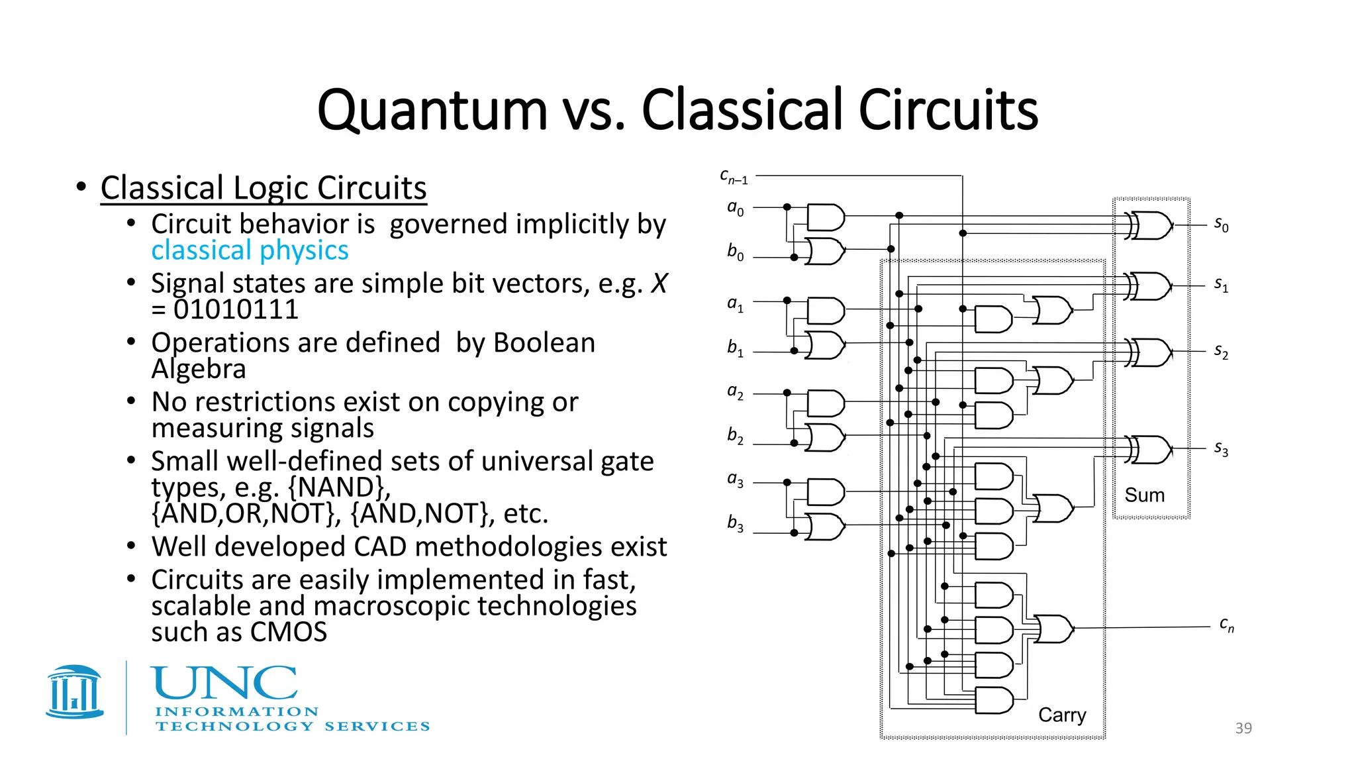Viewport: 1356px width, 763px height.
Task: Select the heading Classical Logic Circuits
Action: pyautogui.click(x=264, y=188)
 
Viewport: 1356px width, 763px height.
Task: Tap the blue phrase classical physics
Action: pyautogui.click(x=250, y=250)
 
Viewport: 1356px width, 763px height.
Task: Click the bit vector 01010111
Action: pyautogui.click(x=236, y=309)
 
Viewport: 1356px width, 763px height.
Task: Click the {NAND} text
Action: pyautogui.click(x=339, y=487)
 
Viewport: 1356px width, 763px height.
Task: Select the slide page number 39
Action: pyautogui.click(x=1243, y=728)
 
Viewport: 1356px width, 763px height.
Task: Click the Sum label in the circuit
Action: pyautogui.click(x=1144, y=495)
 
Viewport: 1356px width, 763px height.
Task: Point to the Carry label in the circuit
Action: pyautogui.click(x=1061, y=715)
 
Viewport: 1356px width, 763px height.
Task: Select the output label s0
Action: pyautogui.click(x=1221, y=225)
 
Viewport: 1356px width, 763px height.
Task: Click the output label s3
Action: pyautogui.click(x=1221, y=449)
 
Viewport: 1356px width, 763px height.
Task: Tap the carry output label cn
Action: pyautogui.click(x=1226, y=625)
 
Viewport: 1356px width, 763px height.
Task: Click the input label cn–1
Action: pyautogui.click(x=734, y=177)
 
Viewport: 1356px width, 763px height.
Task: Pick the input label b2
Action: pyautogui.click(x=735, y=436)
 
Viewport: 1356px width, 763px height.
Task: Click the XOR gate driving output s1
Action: pyautogui.click(x=1151, y=286)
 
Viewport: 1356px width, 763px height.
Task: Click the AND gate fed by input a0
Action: pyautogui.click(x=826, y=217)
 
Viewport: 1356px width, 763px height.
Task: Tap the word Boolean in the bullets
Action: pyautogui.click(x=544, y=343)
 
